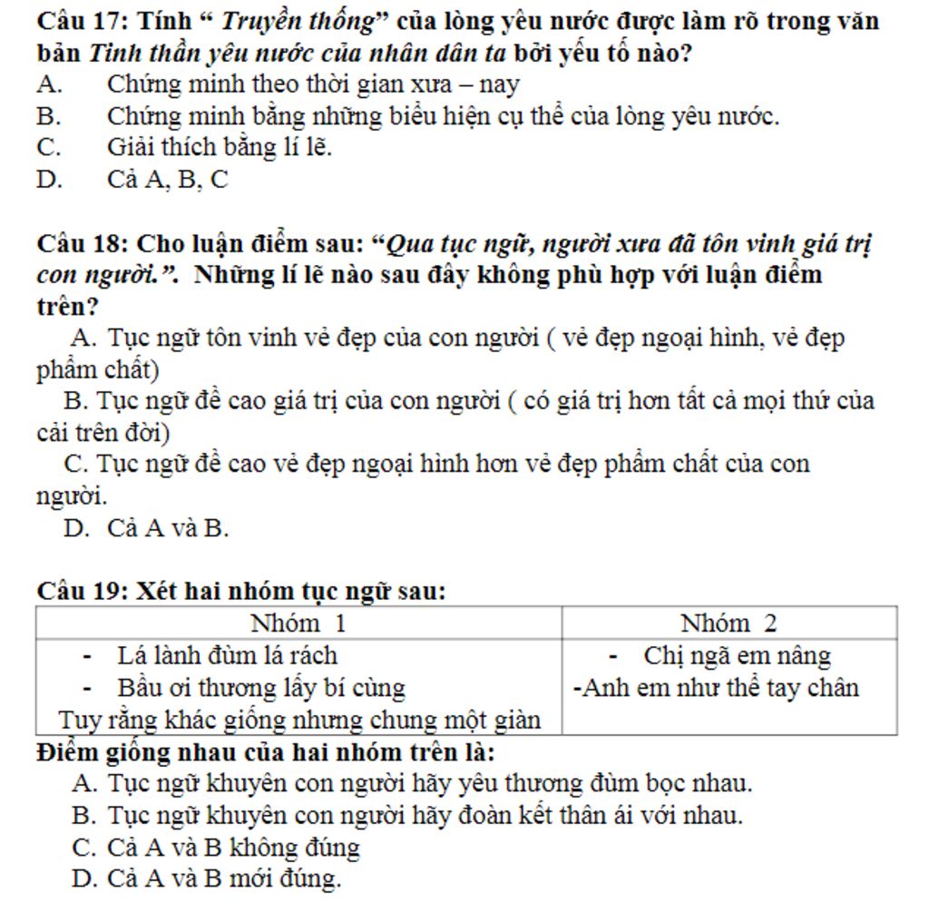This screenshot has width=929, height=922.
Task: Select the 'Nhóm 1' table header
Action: tap(298, 623)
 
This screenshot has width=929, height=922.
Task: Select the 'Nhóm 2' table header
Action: tap(729, 623)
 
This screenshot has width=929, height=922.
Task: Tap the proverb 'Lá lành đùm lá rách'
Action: tap(228, 655)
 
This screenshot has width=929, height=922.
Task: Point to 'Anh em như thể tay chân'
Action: tap(719, 688)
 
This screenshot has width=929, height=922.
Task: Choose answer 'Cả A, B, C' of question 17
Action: tap(168, 180)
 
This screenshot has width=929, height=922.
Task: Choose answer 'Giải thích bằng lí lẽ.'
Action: tap(220, 147)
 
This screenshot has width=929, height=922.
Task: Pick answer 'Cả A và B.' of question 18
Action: tap(168, 528)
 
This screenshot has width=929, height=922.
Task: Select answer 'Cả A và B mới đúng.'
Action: tap(224, 878)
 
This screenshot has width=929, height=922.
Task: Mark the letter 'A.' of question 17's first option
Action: tap(50, 85)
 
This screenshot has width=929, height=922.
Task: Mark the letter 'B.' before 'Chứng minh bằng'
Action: tap(50, 117)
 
